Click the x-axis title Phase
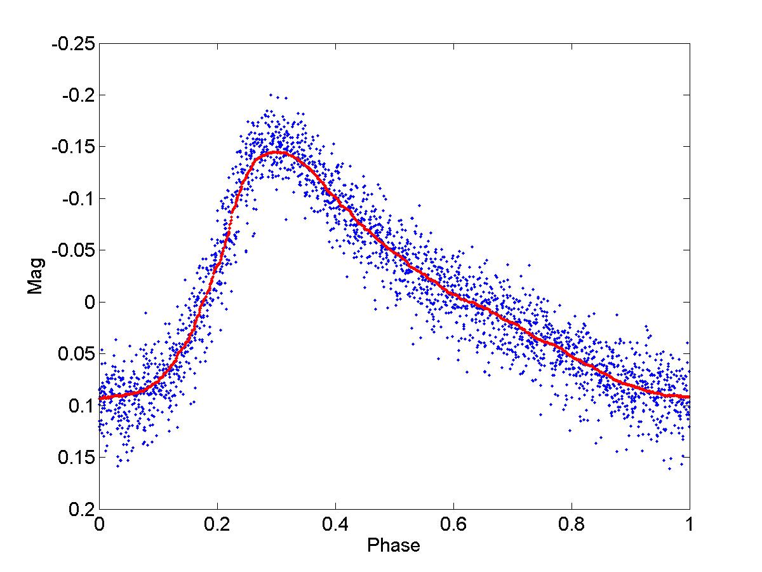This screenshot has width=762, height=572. coord(394,545)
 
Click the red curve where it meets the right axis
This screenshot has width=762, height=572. coord(689,397)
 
